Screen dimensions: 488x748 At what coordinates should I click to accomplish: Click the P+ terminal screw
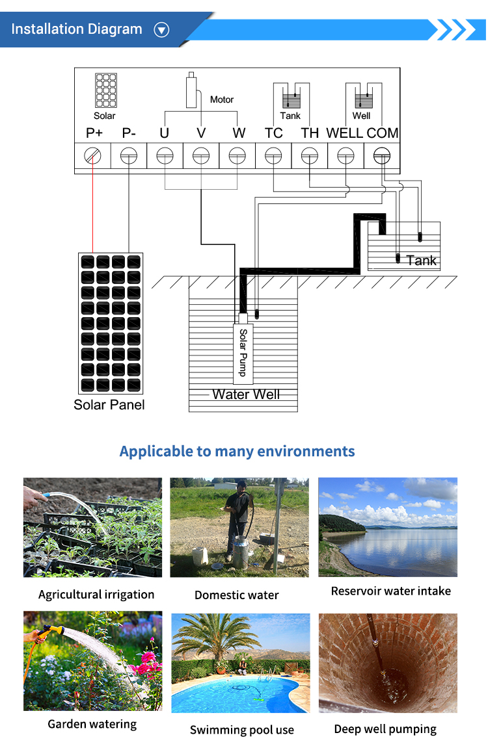[x=92, y=155]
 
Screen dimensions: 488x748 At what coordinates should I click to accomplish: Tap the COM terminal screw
[x=381, y=155]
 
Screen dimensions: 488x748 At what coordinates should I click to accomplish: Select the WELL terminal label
[x=344, y=133]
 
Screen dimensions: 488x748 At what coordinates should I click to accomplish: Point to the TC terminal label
[x=273, y=133]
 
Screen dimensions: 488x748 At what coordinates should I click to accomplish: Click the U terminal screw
[x=165, y=155]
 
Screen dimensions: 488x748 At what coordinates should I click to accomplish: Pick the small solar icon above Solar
[x=106, y=90]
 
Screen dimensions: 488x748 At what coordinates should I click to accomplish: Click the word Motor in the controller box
[x=222, y=99]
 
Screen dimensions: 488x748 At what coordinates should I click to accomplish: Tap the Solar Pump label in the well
[x=243, y=352]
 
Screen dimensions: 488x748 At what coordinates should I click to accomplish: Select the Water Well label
[x=246, y=394]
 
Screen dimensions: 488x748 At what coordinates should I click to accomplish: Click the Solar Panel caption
[x=109, y=405]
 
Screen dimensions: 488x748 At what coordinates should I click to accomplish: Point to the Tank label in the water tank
[x=421, y=261]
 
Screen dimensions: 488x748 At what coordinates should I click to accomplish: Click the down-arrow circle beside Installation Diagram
[x=161, y=30]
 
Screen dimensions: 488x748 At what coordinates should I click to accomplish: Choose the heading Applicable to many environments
[x=237, y=451]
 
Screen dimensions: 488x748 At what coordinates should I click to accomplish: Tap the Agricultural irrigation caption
[x=96, y=595]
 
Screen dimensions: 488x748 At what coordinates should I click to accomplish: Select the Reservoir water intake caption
[x=390, y=591]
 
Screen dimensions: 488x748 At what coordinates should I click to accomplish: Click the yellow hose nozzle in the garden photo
[x=53, y=630]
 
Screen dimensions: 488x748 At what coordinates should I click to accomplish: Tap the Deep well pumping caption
[x=385, y=729]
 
